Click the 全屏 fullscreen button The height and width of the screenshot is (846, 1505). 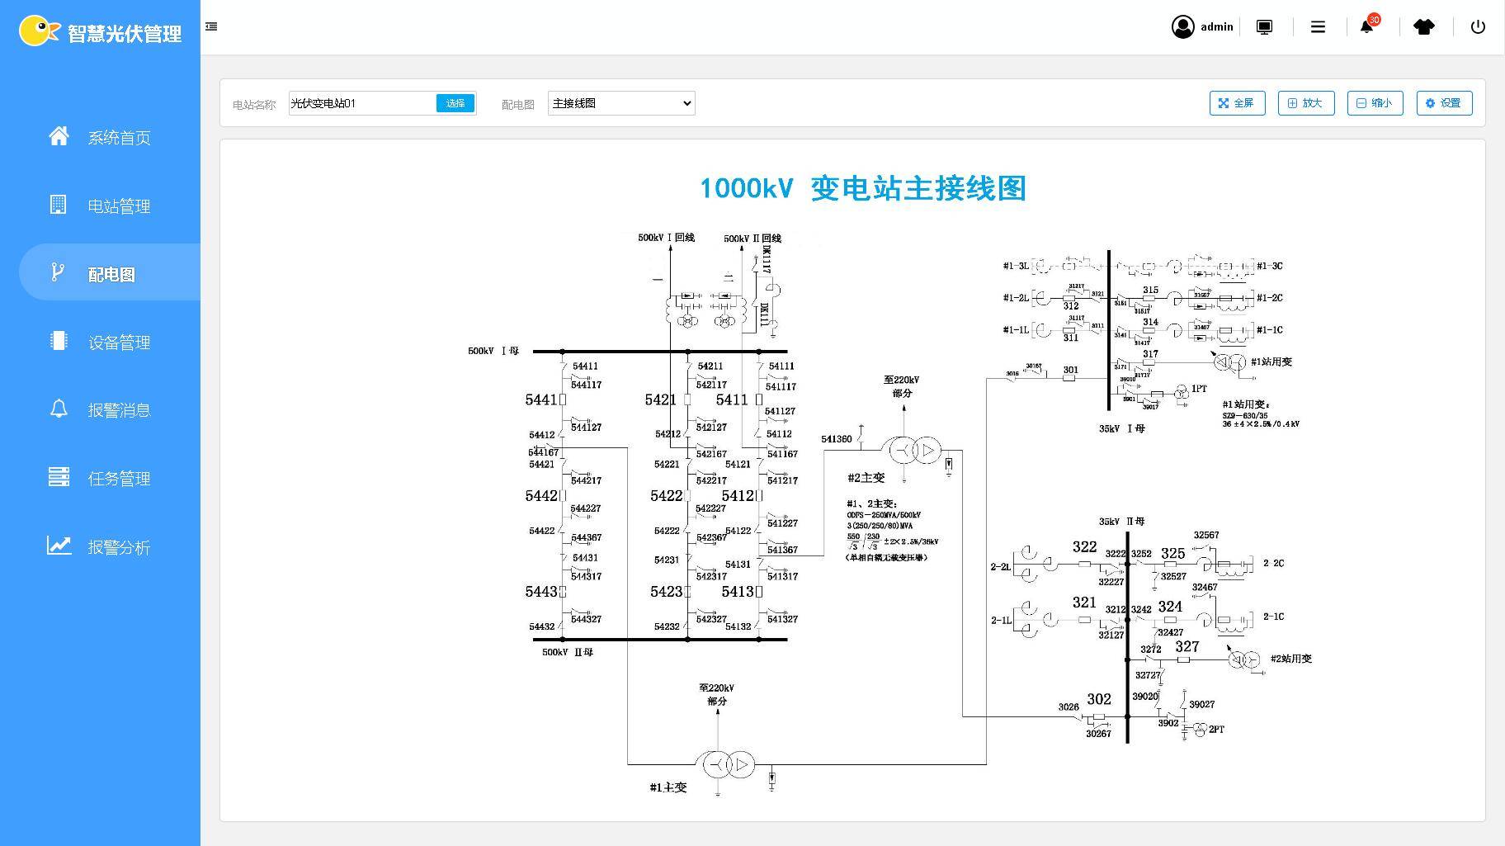[x=1237, y=103]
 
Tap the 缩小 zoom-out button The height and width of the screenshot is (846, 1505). [x=1375, y=103]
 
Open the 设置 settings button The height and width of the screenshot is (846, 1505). [x=1444, y=103]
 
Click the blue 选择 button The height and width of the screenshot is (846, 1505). [x=455, y=103]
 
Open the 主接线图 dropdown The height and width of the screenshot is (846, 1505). [x=621, y=103]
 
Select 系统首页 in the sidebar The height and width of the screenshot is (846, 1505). [x=119, y=138]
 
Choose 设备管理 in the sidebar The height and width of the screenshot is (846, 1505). [x=119, y=343]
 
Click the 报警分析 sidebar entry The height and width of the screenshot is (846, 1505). [x=119, y=547]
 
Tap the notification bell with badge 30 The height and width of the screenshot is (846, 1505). [x=1366, y=26]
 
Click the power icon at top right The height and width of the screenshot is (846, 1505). [x=1478, y=26]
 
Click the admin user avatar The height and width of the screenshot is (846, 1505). [x=1182, y=26]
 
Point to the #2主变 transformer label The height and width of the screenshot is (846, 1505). [x=866, y=477]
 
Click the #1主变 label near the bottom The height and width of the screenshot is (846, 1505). [x=668, y=787]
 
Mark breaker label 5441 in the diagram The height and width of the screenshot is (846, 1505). [x=541, y=399]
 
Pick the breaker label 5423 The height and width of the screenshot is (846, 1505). [x=666, y=591]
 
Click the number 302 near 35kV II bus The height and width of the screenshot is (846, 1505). [x=1099, y=698]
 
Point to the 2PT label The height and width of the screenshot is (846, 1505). [x=1216, y=730]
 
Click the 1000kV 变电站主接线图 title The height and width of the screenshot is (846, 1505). [x=862, y=188]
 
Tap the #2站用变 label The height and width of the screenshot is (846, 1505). [x=1291, y=659]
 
